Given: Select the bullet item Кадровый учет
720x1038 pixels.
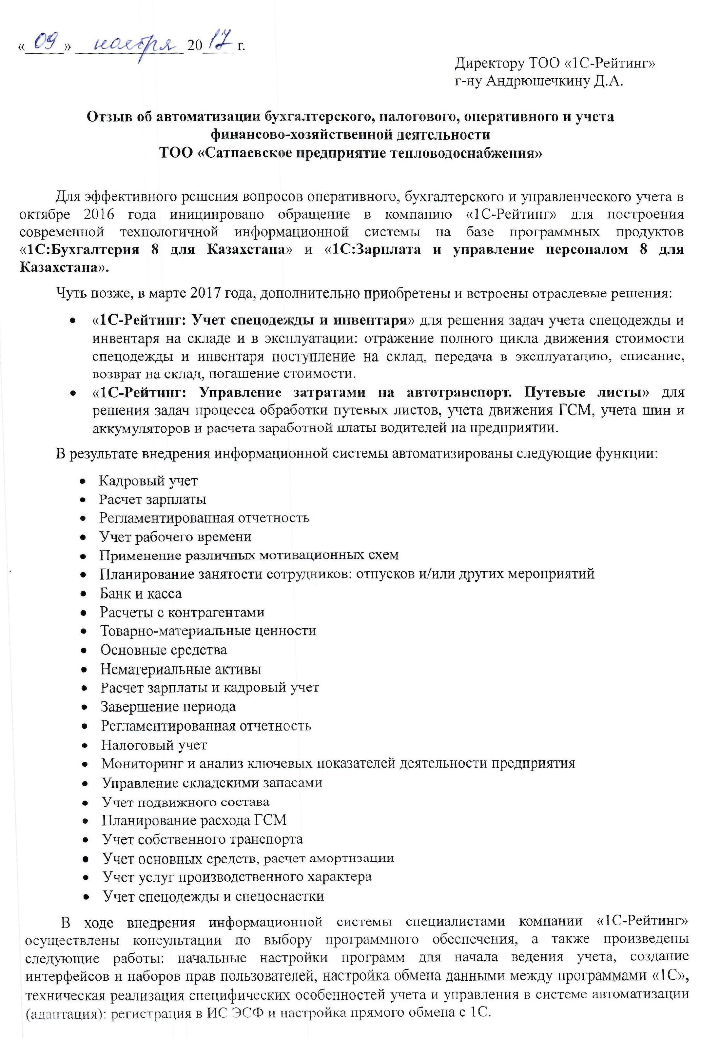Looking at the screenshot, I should (x=148, y=481).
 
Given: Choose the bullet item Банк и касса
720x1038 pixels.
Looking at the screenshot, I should (x=141, y=594).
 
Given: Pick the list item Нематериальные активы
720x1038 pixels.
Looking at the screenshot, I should (x=181, y=669).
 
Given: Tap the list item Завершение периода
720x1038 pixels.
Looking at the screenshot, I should (x=168, y=706).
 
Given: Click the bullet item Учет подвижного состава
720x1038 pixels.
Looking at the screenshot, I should (x=186, y=802).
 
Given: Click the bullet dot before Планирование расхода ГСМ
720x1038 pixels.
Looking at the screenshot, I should (x=86, y=821).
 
